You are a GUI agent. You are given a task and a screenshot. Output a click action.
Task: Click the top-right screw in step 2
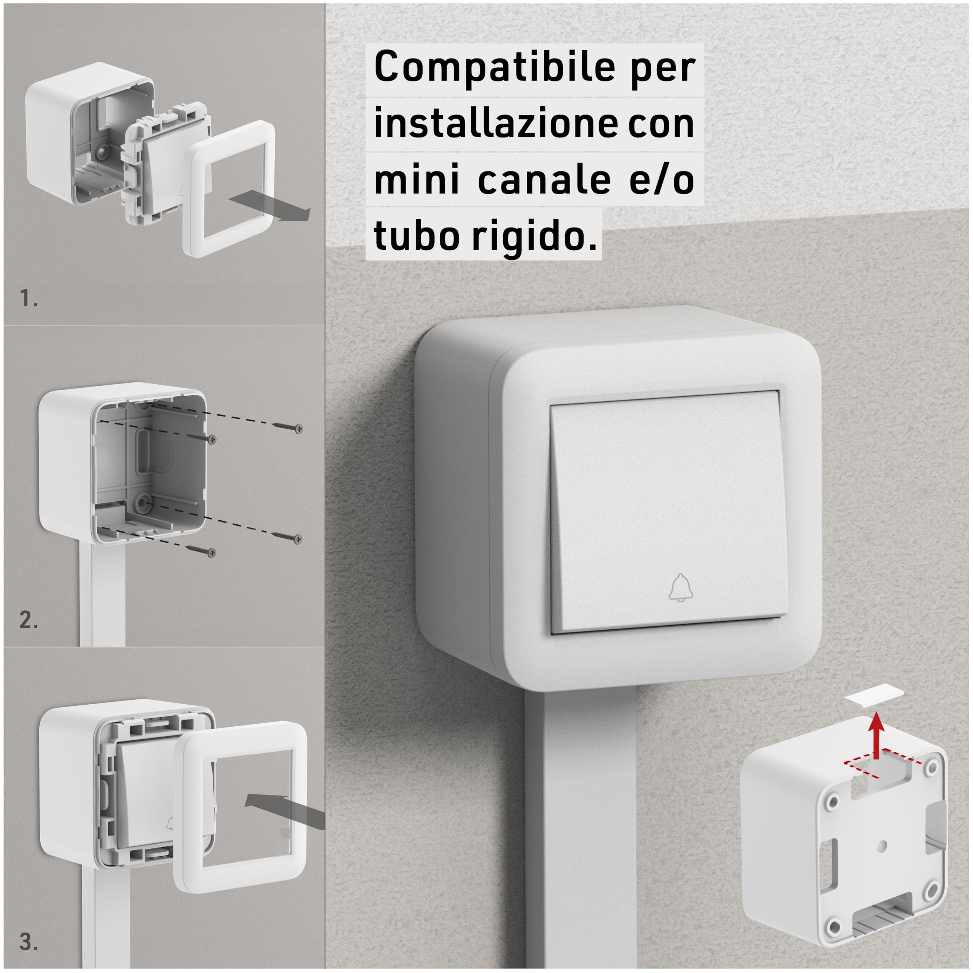pos(287,427)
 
